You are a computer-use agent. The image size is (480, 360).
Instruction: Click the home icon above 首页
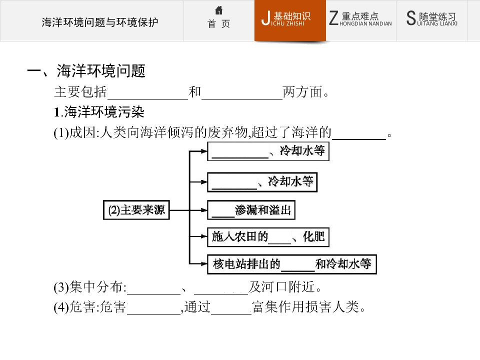tap(218, 10)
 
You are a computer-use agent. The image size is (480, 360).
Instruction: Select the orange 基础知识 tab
tap(290, 20)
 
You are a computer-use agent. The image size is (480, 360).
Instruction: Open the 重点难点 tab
tap(360, 19)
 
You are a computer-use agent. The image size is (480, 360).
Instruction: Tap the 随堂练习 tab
tap(431, 19)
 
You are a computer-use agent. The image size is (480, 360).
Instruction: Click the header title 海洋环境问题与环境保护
tap(100, 22)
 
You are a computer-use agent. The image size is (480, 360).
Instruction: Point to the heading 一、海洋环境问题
tap(86, 71)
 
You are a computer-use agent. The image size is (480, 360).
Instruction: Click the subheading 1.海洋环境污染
tap(99, 112)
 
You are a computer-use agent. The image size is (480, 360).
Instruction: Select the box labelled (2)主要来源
tap(136, 210)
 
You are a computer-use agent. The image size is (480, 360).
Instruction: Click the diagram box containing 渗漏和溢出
tap(251, 210)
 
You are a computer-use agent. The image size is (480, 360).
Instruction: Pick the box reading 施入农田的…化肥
tap(268, 237)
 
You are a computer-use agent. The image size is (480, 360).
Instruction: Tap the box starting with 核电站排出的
tap(291, 264)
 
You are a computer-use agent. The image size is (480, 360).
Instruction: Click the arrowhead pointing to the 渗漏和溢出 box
tap(204, 210)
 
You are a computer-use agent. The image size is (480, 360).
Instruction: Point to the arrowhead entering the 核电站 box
tap(204, 263)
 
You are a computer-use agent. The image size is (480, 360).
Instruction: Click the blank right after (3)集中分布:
tap(153, 294)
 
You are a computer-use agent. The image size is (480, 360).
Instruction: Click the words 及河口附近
tap(284, 287)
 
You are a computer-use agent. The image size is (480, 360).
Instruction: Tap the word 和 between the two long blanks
tap(194, 92)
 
